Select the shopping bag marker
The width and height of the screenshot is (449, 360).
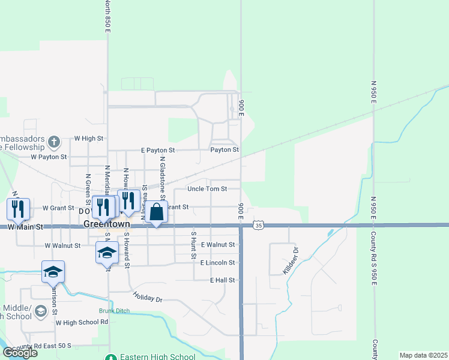click(156, 212)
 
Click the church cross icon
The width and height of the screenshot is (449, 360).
click(54, 142)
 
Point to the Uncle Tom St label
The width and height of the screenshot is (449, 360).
click(207, 188)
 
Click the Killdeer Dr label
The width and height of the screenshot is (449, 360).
click(290, 260)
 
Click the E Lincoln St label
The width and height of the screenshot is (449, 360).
click(217, 263)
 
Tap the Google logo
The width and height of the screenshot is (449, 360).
click(19, 353)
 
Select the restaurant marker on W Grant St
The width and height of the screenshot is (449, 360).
click(17, 208)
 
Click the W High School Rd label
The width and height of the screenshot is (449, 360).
click(81, 322)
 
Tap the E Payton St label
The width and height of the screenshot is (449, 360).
click(158, 150)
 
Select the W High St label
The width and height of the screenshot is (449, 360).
click(89, 139)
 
